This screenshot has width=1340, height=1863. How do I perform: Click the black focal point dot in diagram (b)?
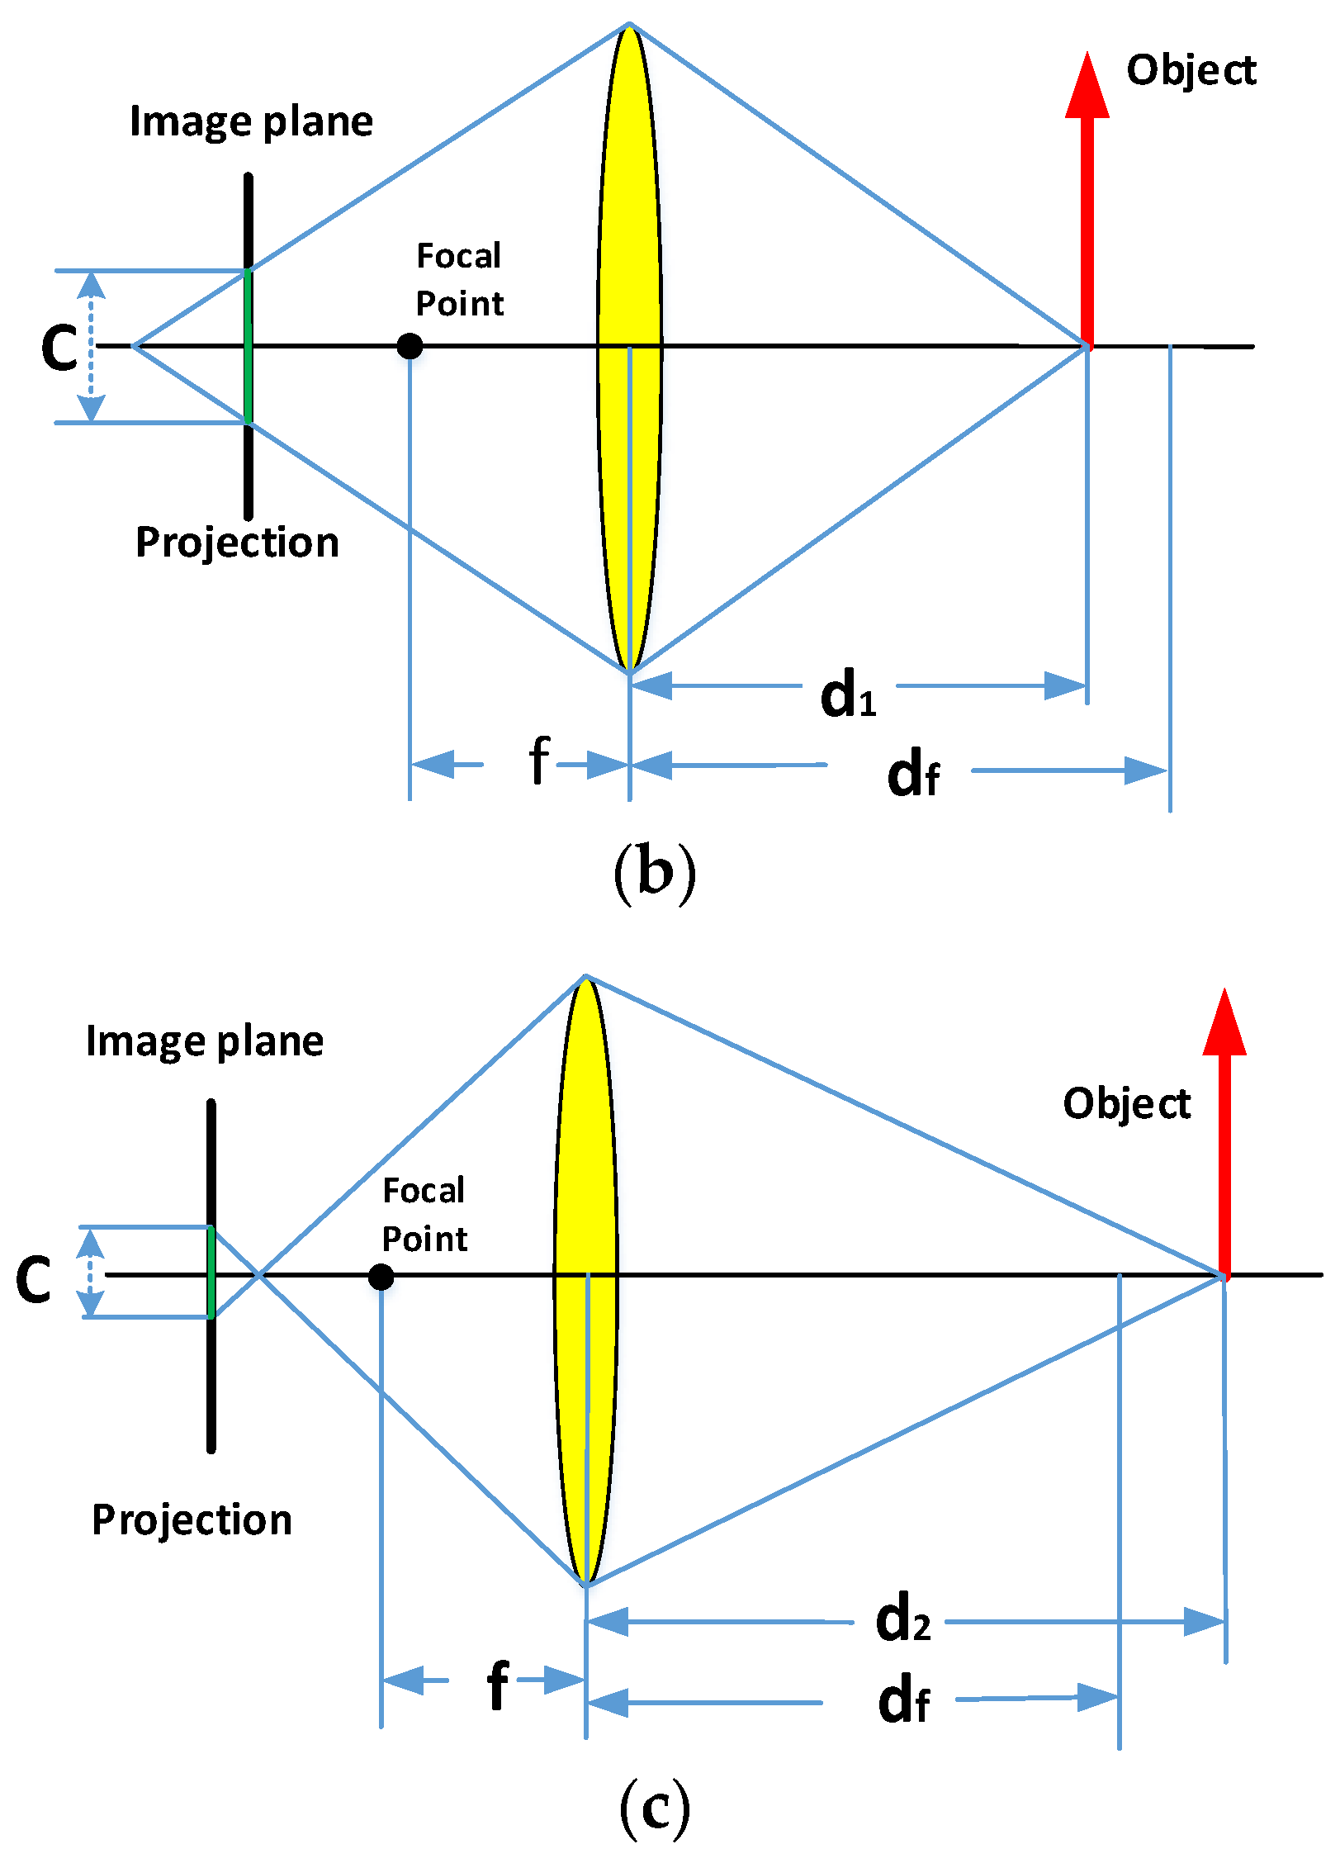(410, 346)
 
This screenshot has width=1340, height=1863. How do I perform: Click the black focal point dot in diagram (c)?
(381, 1277)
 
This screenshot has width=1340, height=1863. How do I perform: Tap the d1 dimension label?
(848, 695)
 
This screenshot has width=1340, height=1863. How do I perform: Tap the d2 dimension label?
(902, 1619)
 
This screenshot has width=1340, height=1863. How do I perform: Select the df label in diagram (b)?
(912, 775)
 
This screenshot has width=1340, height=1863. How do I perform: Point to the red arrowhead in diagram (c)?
(1224, 1024)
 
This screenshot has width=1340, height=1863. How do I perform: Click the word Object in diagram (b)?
(1191, 70)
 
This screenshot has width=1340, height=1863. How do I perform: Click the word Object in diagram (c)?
(1126, 1103)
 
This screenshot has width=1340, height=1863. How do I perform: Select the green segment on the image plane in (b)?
(248, 346)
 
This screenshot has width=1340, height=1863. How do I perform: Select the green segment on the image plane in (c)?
(211, 1273)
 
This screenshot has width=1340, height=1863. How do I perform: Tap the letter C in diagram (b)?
(59, 347)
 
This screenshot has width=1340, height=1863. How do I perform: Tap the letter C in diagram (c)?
(34, 1280)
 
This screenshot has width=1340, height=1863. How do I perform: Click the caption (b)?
(655, 873)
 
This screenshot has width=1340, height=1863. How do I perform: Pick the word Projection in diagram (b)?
(237, 543)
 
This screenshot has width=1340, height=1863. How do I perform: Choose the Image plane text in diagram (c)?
(205, 1041)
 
